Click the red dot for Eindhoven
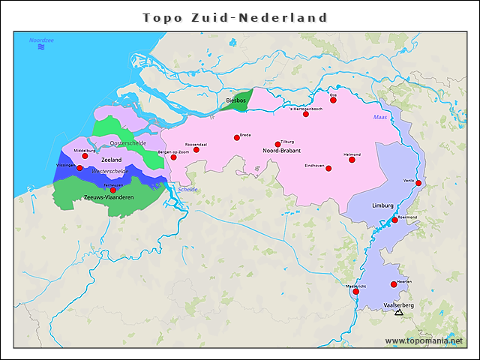tap(328, 168)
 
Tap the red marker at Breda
tap(237, 137)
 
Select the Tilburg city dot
tap(278, 144)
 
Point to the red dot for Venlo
tap(418, 183)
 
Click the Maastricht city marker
tap(356, 292)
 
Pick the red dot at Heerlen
tap(394, 284)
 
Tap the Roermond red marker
tap(395, 220)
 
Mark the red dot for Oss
tap(333, 99)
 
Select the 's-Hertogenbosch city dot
tap(306, 114)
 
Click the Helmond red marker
tap(352, 159)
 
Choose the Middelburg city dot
tap(85, 156)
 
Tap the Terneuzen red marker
tap(113, 190)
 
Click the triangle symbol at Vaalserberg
tap(398, 312)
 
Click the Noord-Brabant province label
tap(281, 151)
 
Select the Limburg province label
tap(382, 205)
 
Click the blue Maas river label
tap(380, 118)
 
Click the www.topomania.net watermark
tap(424, 340)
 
